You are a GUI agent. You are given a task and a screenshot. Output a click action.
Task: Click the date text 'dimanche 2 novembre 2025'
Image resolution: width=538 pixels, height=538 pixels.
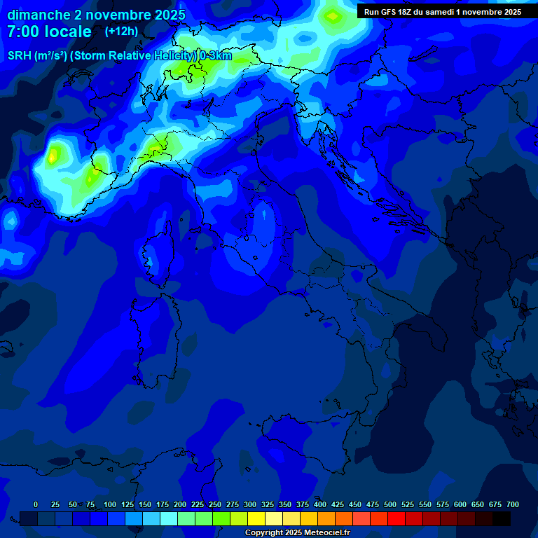click(x=96, y=14)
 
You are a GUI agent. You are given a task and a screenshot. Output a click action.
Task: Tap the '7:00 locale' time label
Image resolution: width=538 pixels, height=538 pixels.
click(x=49, y=32)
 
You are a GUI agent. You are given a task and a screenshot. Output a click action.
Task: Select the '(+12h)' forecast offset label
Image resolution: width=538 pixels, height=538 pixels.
click(x=121, y=31)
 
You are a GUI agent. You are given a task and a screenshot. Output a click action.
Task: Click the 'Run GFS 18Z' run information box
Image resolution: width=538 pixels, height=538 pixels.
click(x=442, y=11)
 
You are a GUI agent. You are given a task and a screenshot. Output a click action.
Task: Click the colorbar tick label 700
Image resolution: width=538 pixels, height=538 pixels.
click(x=513, y=504)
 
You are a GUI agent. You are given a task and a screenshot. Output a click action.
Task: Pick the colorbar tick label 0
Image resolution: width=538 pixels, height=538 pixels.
click(x=36, y=504)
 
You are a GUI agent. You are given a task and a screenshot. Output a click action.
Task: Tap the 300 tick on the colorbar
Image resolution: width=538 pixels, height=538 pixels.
click(x=250, y=504)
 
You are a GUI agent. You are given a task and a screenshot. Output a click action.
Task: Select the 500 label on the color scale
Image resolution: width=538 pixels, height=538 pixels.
click(x=390, y=504)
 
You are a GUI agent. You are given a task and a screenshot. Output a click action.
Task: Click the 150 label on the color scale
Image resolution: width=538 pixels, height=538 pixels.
click(x=145, y=504)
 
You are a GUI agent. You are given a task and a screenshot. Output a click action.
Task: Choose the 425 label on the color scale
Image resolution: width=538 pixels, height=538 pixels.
click(x=338, y=504)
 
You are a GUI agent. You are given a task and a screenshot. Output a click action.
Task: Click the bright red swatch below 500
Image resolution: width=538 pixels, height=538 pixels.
click(x=396, y=518)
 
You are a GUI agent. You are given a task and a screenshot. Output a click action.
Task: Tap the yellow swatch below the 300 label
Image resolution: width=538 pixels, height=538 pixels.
click(x=256, y=518)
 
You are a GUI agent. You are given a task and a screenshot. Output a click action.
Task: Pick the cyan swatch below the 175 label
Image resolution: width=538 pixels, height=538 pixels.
click(x=169, y=518)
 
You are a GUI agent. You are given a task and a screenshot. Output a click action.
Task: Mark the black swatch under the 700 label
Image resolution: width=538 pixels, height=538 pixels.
click(x=502, y=518)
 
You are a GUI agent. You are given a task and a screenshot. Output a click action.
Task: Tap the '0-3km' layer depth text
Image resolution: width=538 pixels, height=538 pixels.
click(x=216, y=56)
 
